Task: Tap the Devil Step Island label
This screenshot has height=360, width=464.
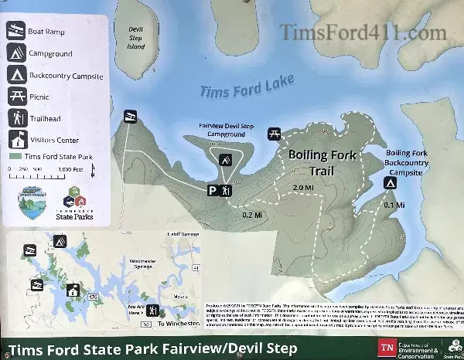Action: point(136,39)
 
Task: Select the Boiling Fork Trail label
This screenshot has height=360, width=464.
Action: point(322,161)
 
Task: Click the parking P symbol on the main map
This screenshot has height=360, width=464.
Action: point(212,190)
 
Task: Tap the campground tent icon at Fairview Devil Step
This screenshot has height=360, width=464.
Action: point(226,161)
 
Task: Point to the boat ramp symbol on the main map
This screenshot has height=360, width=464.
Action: point(128,116)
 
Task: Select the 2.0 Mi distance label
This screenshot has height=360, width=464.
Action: point(303,187)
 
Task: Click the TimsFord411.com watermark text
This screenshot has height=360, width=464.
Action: point(363,32)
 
